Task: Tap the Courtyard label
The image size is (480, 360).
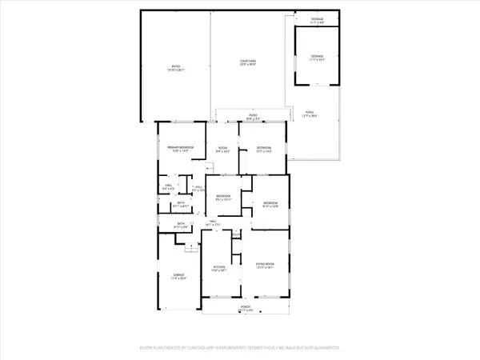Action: [x=247, y=62]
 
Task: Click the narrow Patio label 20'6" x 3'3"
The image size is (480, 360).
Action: [x=252, y=117]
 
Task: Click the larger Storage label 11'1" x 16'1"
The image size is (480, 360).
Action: [x=318, y=58]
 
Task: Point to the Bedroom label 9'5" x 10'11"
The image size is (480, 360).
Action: [x=223, y=198]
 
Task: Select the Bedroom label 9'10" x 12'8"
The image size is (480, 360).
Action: [x=270, y=205]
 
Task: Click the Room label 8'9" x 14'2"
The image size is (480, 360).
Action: [x=224, y=149]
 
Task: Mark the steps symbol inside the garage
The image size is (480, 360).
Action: [x=190, y=249]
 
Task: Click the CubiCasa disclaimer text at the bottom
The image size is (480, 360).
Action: [x=240, y=348]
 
